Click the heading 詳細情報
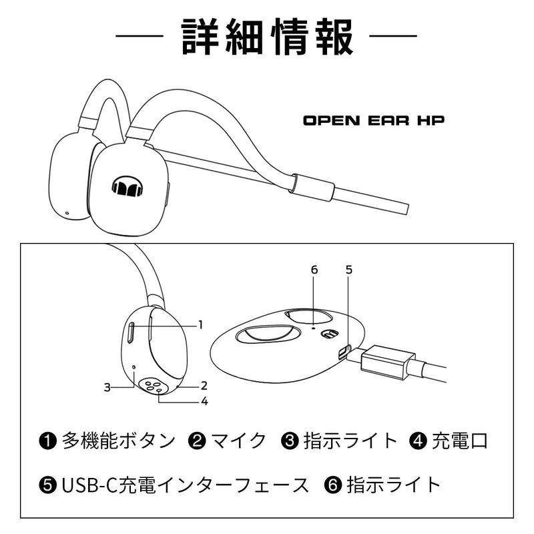tap(268, 37)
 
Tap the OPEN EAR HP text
tap(374, 121)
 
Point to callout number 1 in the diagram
tap(201, 324)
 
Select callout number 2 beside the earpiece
tap(204, 386)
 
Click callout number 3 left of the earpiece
tap(107, 387)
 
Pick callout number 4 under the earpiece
tap(204, 401)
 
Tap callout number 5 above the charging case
tap(348, 270)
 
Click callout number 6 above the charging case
tap(314, 270)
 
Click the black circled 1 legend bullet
tap(47, 441)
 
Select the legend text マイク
tap(238, 441)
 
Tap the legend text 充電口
tap(460, 441)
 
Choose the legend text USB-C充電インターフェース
tap(185, 485)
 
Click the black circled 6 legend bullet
tap(332, 485)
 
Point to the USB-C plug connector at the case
tap(384, 362)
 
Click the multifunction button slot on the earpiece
tap(130, 332)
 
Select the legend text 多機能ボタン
tap(119, 441)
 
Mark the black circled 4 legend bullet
tap(419, 441)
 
